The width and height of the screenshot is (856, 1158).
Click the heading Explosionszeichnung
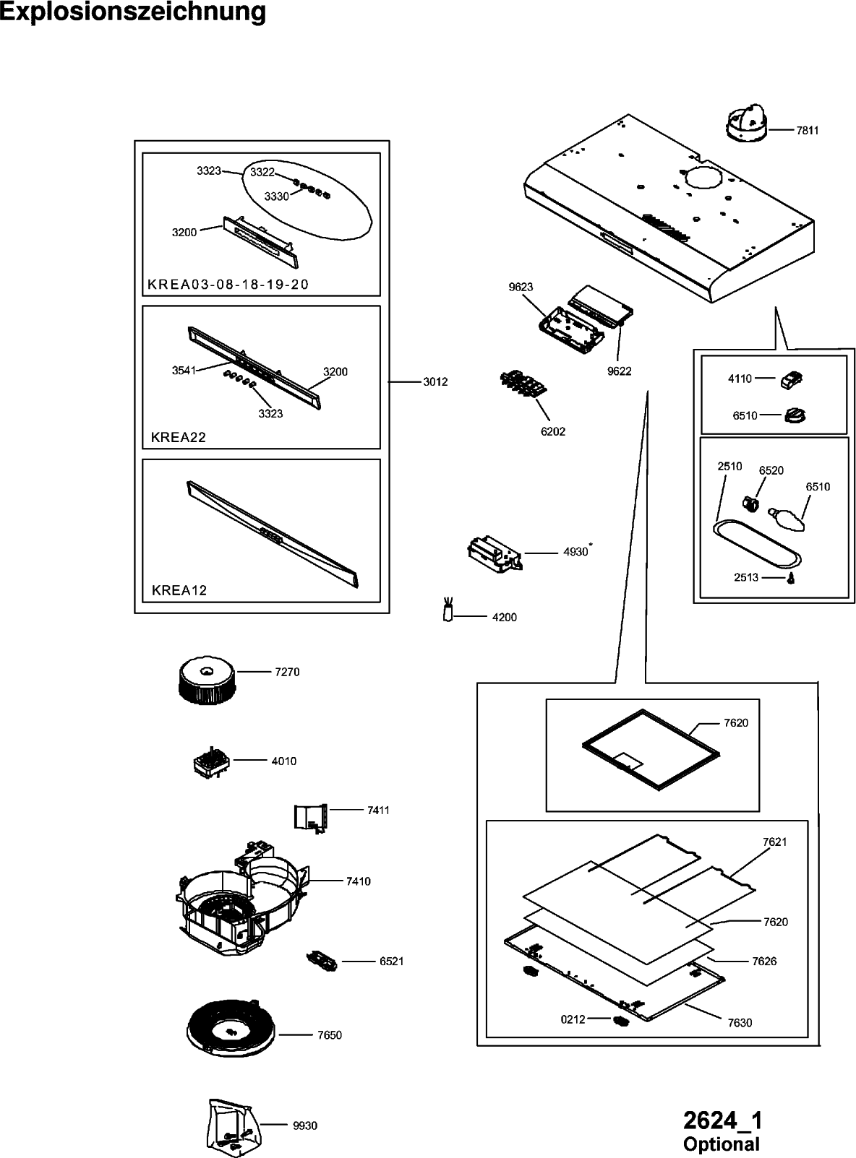[x=133, y=13]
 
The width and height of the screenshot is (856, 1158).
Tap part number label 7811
[x=807, y=131]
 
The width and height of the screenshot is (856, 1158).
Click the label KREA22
[x=179, y=437]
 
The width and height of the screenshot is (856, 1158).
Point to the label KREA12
[x=179, y=590]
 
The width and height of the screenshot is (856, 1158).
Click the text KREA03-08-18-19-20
[x=228, y=285]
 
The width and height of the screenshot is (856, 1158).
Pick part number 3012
[x=436, y=381]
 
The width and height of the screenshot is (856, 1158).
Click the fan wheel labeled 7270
[x=205, y=680]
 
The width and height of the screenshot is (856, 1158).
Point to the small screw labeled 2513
[x=790, y=579]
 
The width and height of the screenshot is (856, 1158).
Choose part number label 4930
[x=575, y=553]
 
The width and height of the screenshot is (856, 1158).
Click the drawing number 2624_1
[x=722, y=1121]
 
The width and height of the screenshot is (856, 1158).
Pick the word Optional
[x=722, y=1144]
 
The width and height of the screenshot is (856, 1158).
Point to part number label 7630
[x=740, y=1023]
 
